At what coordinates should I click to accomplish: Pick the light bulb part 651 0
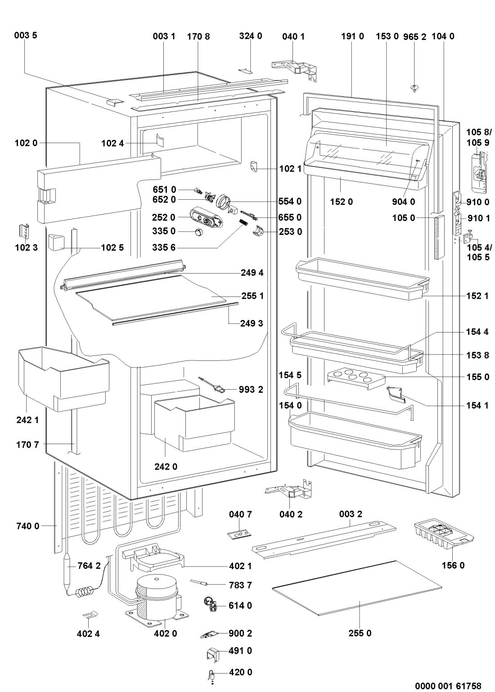tap(196, 191)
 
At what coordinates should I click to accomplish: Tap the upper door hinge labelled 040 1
tap(295, 67)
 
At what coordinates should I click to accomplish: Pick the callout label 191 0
tap(352, 36)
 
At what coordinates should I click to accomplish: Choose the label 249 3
tap(252, 323)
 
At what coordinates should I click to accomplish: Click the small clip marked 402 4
tap(90, 615)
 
